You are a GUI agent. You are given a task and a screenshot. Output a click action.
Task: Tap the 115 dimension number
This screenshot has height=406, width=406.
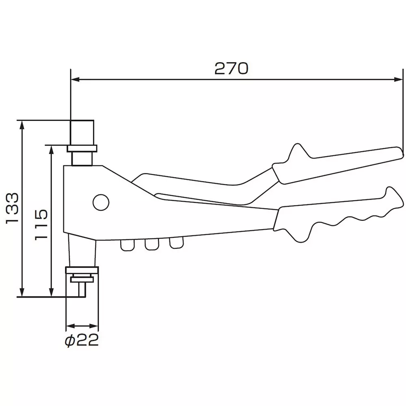point(41,225)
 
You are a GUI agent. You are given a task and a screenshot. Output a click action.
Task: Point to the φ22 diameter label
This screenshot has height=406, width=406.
point(82,341)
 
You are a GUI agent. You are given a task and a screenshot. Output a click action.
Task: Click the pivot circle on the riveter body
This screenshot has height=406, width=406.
point(100,202)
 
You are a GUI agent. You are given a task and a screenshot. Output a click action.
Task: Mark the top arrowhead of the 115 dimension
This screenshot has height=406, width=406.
point(51,149)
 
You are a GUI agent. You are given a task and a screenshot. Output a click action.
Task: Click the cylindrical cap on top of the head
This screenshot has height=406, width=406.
point(82,132)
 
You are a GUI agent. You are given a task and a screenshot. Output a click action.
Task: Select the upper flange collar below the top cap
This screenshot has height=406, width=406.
point(82,148)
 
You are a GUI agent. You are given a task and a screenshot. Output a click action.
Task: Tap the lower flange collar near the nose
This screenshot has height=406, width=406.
point(82,271)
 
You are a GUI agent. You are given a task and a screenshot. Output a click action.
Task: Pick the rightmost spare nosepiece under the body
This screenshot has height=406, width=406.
point(176,243)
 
